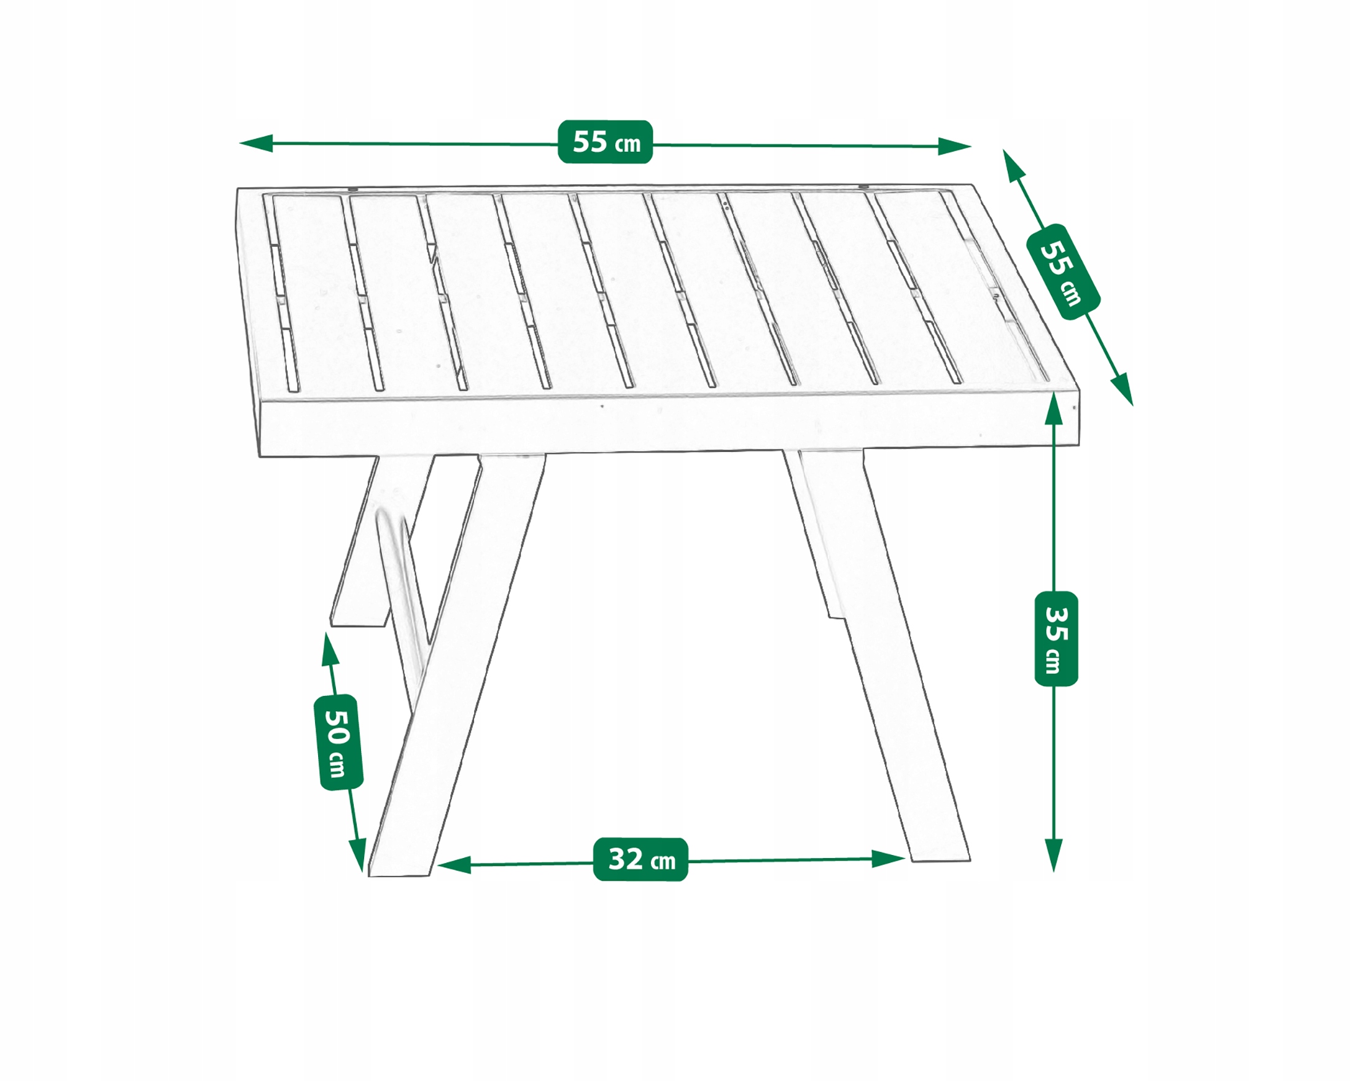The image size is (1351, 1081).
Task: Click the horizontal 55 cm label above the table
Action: [x=605, y=142]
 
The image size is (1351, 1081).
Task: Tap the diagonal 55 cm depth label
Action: [x=1063, y=271]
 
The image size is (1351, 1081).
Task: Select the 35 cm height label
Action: [x=1056, y=638]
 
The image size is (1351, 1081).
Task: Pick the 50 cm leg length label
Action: [x=338, y=742]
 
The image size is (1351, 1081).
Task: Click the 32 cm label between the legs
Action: [x=640, y=859]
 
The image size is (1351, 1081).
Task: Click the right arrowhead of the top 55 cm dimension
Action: [x=954, y=146]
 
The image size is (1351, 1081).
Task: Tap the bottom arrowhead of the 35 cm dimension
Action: [x=1054, y=855]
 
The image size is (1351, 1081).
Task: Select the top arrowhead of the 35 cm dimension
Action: [x=1054, y=410]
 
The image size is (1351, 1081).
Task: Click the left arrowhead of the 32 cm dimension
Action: [x=454, y=865]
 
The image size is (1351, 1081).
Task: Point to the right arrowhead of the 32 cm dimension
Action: [x=888, y=859]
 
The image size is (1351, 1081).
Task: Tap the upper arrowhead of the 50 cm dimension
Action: [x=329, y=649]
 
